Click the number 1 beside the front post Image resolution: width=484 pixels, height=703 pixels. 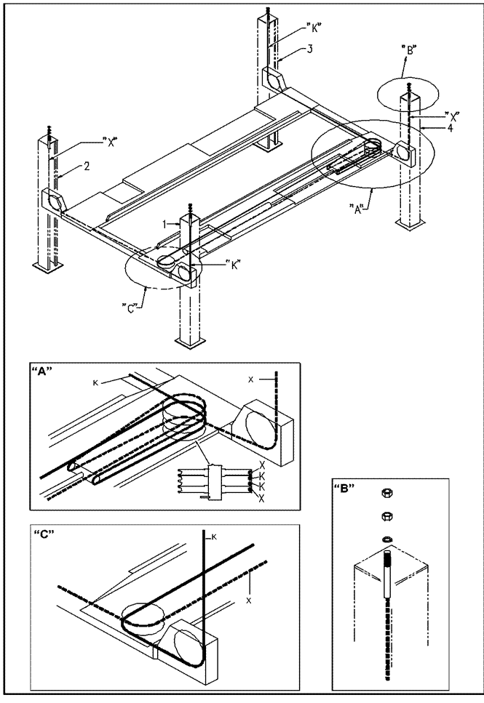(x=165, y=224)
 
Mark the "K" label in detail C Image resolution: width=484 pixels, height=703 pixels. (x=215, y=537)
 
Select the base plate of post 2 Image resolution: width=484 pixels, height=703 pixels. (x=47, y=268)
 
